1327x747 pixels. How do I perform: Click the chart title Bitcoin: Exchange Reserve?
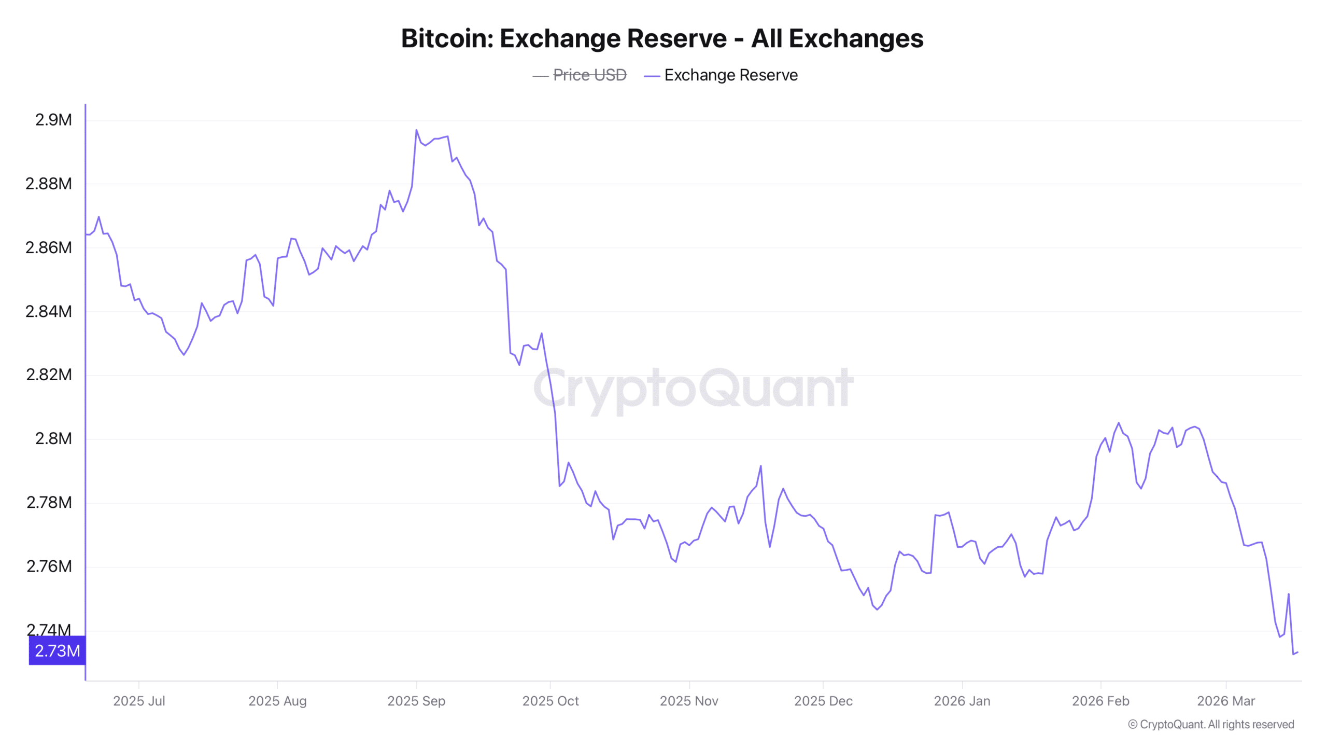[x=662, y=38]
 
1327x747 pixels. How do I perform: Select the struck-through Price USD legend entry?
[x=589, y=75]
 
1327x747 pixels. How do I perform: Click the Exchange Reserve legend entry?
[x=730, y=75]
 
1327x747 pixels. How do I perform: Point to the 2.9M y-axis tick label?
[x=53, y=120]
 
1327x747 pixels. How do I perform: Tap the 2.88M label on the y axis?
[x=49, y=184]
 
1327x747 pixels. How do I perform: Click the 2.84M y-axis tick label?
[x=49, y=311]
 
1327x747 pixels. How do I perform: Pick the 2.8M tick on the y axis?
[x=53, y=438]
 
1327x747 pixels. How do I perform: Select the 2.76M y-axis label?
[x=49, y=566]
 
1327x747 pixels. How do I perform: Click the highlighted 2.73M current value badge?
[x=57, y=651]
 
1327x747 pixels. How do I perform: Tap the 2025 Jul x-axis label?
[x=139, y=701]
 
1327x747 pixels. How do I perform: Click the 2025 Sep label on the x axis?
[x=416, y=701]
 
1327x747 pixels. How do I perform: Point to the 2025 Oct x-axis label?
[x=550, y=701]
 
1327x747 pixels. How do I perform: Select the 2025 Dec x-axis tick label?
[x=823, y=701]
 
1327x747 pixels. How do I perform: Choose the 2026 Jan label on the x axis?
[x=962, y=701]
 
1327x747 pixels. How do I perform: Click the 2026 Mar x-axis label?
[x=1226, y=701]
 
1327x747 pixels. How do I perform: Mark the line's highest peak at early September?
[x=416, y=130]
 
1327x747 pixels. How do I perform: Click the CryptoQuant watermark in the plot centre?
[x=694, y=388]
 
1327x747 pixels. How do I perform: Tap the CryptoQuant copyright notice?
[x=1211, y=724]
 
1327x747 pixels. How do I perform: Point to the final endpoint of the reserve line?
[x=1297, y=652]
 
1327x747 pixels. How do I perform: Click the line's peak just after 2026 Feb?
[x=1119, y=423]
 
